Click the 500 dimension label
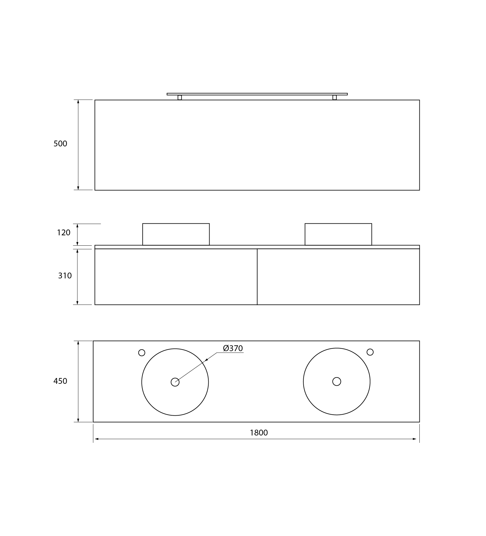tap(60, 144)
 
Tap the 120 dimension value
tap(64, 233)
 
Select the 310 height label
tap(65, 276)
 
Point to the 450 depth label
tap(60, 381)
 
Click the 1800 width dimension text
tap(259, 433)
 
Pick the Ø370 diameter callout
tap(233, 348)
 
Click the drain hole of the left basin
tap(175, 382)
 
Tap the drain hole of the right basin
tap(337, 381)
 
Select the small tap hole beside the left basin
tap(142, 353)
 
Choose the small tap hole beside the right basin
tap(370, 352)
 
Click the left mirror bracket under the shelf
tap(180, 97)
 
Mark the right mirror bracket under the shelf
tap(334, 97)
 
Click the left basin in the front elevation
tap(176, 234)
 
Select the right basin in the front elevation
tap(338, 234)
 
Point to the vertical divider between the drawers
tap(257, 277)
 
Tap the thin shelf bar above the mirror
tap(257, 94)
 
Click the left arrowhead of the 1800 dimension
tap(96, 439)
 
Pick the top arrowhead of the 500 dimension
tap(78, 102)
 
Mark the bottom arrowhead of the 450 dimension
tap(78, 420)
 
